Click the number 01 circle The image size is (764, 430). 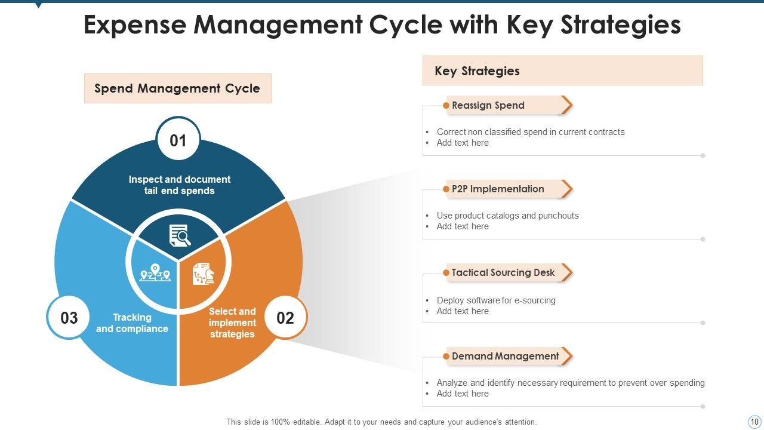178,140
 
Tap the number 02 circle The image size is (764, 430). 285,318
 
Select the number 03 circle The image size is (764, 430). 69,318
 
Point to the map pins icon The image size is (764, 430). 155,273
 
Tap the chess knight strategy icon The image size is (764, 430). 203,274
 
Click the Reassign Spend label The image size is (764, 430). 488,105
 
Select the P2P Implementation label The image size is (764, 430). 498,189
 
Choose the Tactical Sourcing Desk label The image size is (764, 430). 503,272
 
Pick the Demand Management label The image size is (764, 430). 505,356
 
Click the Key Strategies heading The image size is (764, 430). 477,71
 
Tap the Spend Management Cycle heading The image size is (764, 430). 177,88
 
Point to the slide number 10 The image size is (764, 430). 753,421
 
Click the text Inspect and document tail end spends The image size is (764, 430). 179,185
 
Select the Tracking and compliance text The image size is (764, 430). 132,323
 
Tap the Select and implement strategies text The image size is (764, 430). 232,322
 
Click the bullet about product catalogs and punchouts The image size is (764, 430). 507,216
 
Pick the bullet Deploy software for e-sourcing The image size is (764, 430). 496,300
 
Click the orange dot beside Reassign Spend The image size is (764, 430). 446,106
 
